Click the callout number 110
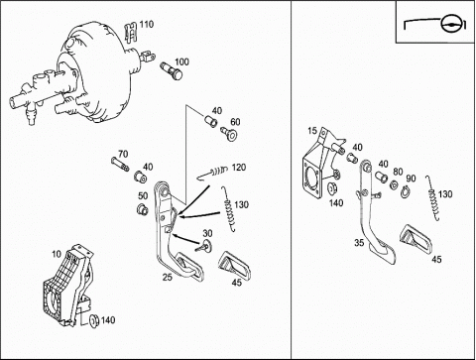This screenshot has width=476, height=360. [146, 25]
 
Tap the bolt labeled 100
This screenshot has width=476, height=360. [172, 70]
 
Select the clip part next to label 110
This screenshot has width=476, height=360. [131, 33]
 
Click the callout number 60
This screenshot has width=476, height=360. [235, 122]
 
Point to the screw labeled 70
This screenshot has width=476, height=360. [120, 165]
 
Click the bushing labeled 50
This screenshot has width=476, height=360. [143, 209]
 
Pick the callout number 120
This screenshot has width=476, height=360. [239, 168]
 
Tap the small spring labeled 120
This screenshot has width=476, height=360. [213, 173]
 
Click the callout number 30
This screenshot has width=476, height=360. [207, 233]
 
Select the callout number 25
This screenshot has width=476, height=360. [168, 277]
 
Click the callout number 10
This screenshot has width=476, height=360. [57, 254]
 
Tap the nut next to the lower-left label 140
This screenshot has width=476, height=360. [94, 320]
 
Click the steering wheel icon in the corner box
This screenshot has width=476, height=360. [449, 23]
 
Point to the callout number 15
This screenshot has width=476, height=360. [312, 131]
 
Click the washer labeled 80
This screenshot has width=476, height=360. [394, 184]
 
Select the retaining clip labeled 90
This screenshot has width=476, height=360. [406, 192]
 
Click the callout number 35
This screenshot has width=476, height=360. [359, 243]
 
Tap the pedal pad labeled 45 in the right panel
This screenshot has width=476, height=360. [416, 239]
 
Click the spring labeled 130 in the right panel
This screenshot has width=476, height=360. [433, 197]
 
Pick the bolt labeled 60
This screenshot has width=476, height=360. [229, 134]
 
